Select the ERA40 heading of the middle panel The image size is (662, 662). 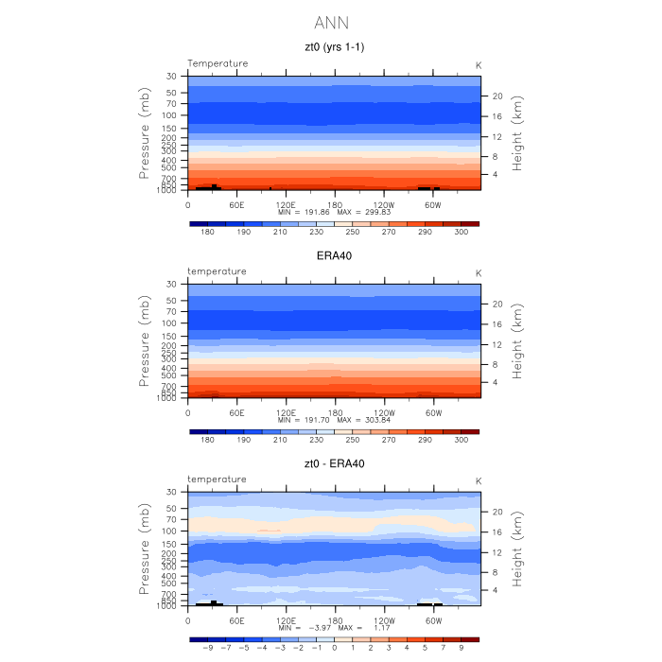pos(333,255)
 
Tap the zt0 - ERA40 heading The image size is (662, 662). pos(333,463)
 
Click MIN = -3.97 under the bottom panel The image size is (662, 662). pos(300,628)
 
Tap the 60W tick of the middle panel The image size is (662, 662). pos(432,411)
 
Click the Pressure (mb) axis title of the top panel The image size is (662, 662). pos(145,132)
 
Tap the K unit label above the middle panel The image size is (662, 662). pos(479,272)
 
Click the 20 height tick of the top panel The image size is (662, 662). pos(495,96)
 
